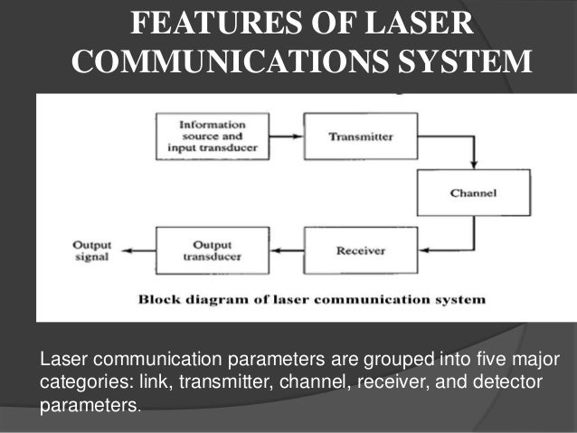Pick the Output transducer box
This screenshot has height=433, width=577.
[x=212, y=250]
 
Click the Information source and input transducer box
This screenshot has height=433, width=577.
[x=212, y=136]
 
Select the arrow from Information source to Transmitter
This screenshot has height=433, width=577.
[x=286, y=136]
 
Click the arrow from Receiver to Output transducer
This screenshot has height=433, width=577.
[x=287, y=250]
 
